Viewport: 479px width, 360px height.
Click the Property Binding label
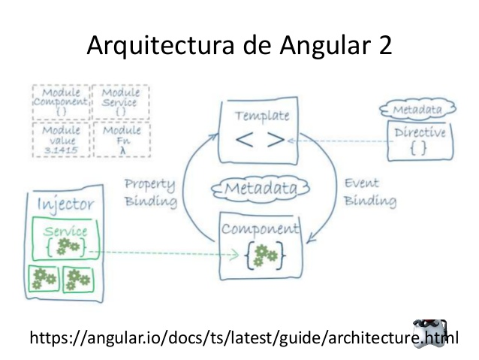pos(150,192)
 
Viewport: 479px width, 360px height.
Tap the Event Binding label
pos(368,192)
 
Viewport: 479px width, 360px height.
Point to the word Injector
pos(66,204)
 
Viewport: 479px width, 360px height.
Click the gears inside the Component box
pos(261,256)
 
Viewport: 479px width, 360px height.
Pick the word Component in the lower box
pos(259,228)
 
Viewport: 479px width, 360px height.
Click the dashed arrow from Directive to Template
pos(338,141)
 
